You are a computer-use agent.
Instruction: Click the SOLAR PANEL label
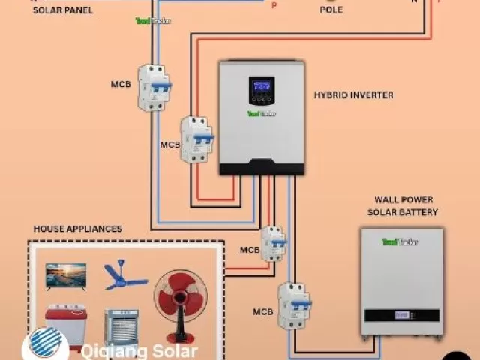pyautogui.click(x=63, y=10)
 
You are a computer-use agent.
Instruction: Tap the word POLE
pyautogui.click(x=331, y=10)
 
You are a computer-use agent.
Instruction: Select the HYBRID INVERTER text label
pyautogui.click(x=353, y=95)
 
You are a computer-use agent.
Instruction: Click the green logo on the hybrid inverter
pyautogui.click(x=262, y=114)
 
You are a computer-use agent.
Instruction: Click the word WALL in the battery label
pyautogui.click(x=385, y=200)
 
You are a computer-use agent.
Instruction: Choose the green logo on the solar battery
pyautogui.click(x=400, y=241)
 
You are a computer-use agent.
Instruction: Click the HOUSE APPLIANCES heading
pyautogui.click(x=77, y=229)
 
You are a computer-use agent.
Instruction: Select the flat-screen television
pyautogui.click(x=66, y=275)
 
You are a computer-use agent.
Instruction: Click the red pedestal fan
pyautogui.click(x=180, y=298)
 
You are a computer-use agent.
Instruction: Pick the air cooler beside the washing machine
pyautogui.click(x=121, y=327)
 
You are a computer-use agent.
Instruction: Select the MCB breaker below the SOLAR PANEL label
pyautogui.click(x=154, y=88)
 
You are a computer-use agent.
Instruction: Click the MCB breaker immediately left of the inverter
pyautogui.click(x=198, y=139)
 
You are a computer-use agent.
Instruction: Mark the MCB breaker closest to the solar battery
pyautogui.click(x=293, y=305)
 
